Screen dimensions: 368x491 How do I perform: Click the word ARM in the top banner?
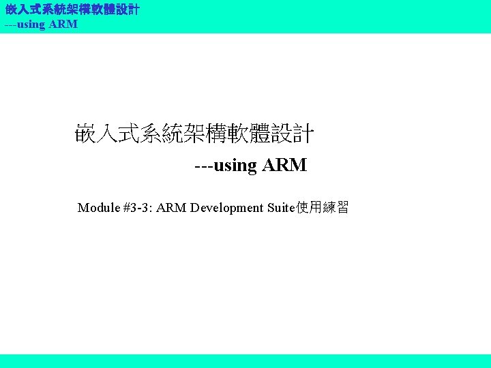64,25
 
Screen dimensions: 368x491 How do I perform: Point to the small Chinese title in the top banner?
72,10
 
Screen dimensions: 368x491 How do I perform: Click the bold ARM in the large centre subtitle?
284,165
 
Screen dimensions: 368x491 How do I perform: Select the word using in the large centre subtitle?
235,166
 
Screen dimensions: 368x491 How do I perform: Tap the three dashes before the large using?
203,166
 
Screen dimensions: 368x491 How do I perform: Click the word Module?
99,207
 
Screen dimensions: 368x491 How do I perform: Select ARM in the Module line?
172,207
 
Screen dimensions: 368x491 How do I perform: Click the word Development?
227,207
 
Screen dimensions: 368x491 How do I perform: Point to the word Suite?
280,207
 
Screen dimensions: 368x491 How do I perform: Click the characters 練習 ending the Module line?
336,207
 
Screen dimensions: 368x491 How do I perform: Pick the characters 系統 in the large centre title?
162,134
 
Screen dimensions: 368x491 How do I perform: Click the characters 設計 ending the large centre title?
293,134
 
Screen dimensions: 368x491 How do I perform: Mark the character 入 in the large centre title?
108,134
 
